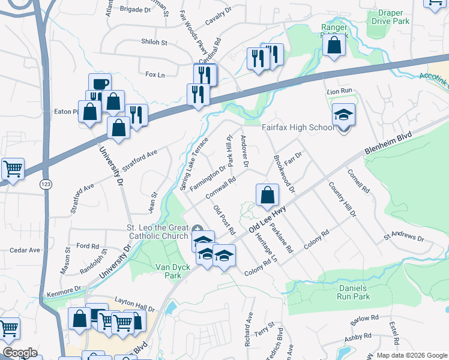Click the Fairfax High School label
click(x=298, y=127)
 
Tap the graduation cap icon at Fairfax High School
click(x=343, y=115)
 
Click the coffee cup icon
click(x=100, y=84)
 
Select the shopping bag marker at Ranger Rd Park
click(x=334, y=44)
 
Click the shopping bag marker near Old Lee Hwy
click(x=267, y=195)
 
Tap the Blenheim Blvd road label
click(x=390, y=144)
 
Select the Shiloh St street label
click(x=154, y=43)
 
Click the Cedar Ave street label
click(x=25, y=250)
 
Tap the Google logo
click(x=20, y=352)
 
